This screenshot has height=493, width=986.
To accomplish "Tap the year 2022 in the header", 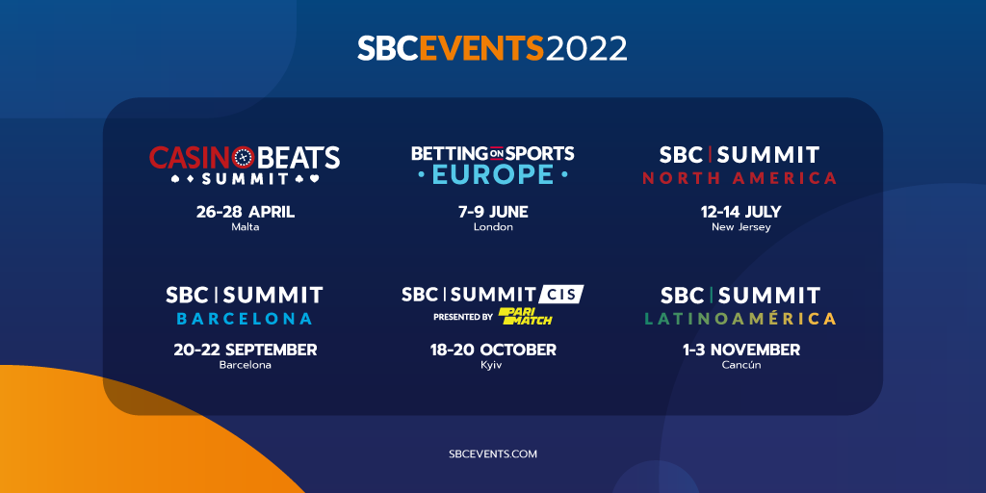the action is click(x=586, y=48).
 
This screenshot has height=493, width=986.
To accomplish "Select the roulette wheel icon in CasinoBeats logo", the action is click(x=243, y=157).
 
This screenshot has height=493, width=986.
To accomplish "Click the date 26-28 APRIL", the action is click(x=246, y=212).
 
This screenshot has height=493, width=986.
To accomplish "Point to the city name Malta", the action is click(x=246, y=227).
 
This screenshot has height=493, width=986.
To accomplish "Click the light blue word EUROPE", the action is click(x=493, y=174).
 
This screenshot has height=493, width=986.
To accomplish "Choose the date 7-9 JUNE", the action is click(x=493, y=212).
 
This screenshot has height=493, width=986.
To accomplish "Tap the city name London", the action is click(x=493, y=227).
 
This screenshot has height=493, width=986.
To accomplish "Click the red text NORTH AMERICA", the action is click(x=739, y=178).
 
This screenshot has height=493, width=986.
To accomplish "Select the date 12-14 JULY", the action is click(x=740, y=212).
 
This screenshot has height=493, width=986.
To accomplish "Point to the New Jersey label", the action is click(x=740, y=227).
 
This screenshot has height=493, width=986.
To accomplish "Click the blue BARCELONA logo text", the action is click(x=245, y=319).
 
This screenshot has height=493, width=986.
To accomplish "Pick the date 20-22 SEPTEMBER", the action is click(x=246, y=350).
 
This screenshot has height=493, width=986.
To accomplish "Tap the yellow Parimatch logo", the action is click(x=525, y=316).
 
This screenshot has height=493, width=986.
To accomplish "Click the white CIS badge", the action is click(x=561, y=294).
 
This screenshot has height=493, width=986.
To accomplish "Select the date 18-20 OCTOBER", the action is click(x=493, y=350).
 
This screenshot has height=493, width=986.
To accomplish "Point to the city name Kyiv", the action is click(x=493, y=365).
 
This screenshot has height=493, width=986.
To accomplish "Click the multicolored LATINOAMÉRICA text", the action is click(x=740, y=318).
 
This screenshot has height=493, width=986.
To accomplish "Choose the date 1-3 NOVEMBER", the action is click(x=741, y=350).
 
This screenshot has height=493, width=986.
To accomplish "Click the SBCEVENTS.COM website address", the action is click(x=493, y=454).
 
